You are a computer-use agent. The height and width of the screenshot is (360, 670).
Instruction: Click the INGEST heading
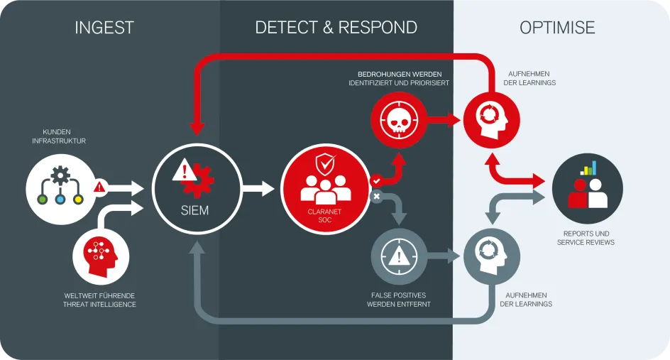(104, 28)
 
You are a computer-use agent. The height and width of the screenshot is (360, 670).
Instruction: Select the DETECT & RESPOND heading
(336, 28)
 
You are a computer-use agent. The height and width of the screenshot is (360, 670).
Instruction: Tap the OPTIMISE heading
(557, 28)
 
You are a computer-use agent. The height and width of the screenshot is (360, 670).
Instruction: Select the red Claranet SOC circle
(325, 188)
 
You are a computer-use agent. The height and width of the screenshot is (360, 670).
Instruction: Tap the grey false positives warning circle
(400, 255)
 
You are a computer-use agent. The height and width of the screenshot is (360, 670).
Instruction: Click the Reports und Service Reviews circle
(587, 188)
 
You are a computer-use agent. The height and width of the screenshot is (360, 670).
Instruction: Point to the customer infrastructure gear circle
(60, 188)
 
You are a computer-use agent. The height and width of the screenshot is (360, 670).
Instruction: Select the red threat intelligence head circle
(101, 255)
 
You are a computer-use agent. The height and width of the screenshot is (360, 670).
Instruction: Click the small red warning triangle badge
(99, 187)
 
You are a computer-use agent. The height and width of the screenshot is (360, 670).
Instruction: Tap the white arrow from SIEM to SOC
(258, 189)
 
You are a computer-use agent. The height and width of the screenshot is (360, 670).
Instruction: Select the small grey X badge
(376, 196)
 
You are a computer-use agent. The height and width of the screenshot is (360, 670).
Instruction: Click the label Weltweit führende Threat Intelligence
(99, 300)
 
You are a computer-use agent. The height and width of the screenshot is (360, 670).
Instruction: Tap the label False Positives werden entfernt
(399, 300)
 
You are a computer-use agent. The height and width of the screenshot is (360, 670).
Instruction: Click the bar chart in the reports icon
(588, 168)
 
